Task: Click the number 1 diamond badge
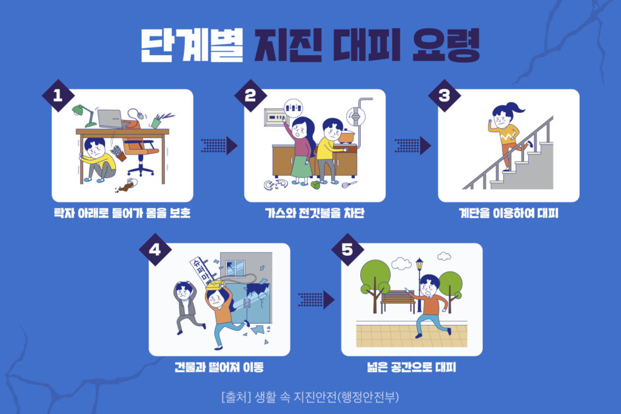tap(58, 95)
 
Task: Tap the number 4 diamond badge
tap(155, 250)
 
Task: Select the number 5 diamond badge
tap(347, 250)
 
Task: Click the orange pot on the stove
tap(346, 136)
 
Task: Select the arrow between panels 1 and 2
tap(218, 145)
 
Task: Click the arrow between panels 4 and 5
tap(316, 299)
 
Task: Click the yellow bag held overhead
tap(215, 284)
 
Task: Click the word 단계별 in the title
tap(192, 45)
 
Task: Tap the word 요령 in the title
tap(446, 45)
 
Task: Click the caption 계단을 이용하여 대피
tap(509, 213)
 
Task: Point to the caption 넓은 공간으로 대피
tap(412, 367)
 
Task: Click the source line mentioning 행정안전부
tap(310, 396)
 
